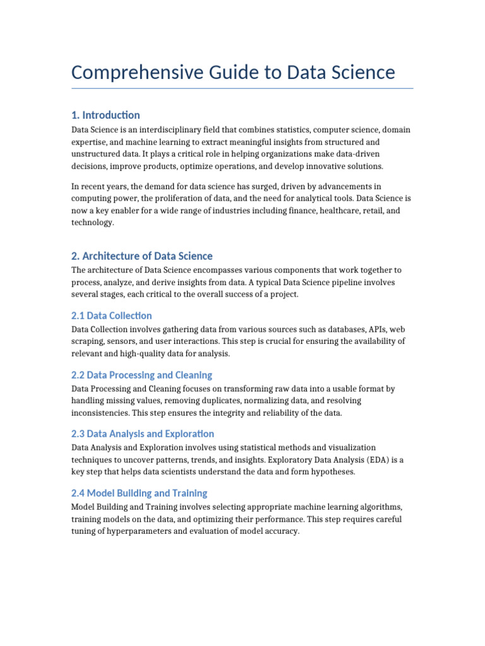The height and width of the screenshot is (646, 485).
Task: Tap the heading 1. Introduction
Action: (105, 115)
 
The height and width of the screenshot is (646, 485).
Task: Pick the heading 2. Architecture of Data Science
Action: (141, 256)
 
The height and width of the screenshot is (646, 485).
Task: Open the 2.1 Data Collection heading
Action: (111, 315)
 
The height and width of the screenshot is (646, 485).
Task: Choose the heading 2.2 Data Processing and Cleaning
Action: (141, 375)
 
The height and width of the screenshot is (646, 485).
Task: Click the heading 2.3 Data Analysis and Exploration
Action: (142, 434)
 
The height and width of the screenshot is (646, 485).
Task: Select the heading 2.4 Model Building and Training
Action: (139, 493)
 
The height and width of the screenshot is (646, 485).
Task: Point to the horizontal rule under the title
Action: (242, 88)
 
